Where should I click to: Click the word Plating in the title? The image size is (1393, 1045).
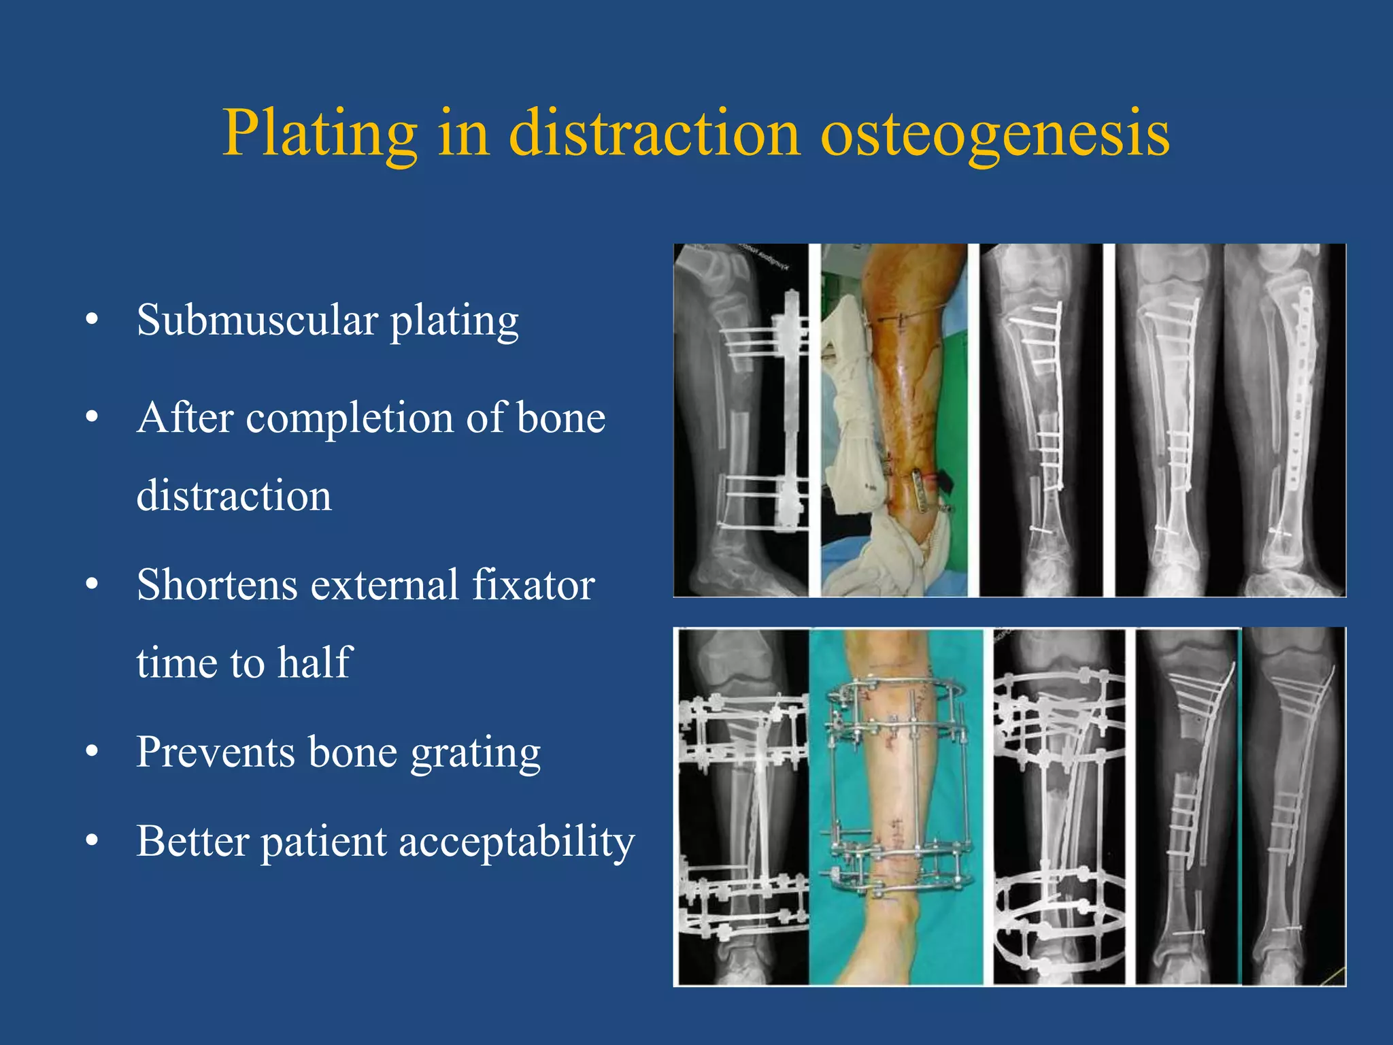pos(320,134)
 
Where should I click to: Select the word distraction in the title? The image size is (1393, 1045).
pos(654,134)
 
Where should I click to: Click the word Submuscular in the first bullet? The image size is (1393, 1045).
pos(257,320)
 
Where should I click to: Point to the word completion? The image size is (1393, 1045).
pos(350,418)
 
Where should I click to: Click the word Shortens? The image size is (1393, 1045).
pos(217,585)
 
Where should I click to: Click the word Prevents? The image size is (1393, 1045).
pos(216,752)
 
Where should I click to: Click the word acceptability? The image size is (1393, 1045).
pos(516,842)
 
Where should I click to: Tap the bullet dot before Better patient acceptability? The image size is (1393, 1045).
pos(93,842)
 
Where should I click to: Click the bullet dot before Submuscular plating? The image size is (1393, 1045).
pos(93,320)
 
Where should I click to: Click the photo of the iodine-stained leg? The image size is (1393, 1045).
pos(894,420)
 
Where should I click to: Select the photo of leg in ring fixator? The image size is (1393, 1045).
pos(896,806)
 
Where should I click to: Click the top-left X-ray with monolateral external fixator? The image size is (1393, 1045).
pos(741,420)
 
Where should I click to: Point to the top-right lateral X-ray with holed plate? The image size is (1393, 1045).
pos(1284,420)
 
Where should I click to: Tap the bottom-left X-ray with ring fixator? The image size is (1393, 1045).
pos(743,806)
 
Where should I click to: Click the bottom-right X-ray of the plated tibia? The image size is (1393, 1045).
pos(1294,806)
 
